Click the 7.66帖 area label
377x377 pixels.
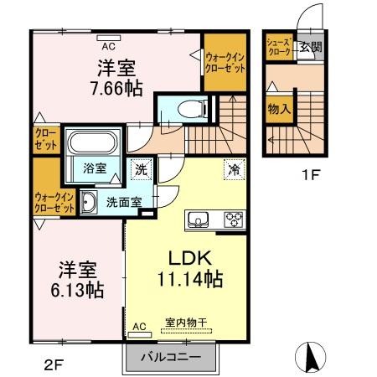[116, 85]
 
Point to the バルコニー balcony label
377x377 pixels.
[175, 357]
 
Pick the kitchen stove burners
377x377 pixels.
[232, 220]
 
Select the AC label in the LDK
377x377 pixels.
[139, 327]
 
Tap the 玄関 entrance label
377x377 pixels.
[311, 47]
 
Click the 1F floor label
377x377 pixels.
[311, 177]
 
